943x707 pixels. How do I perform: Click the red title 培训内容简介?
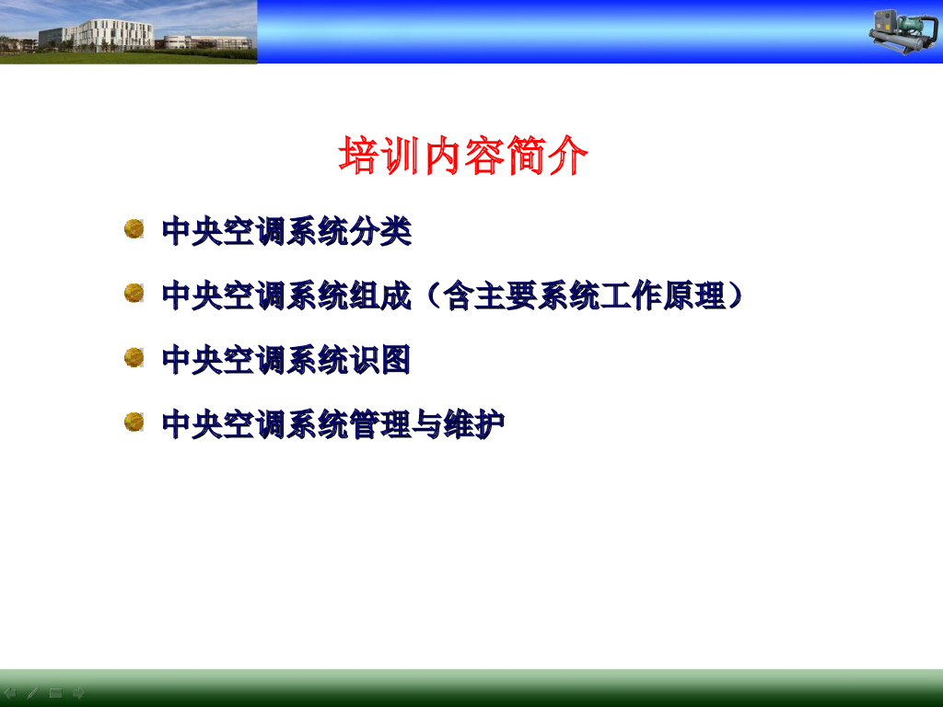pos(463,156)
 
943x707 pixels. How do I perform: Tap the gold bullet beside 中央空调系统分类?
pos(134,229)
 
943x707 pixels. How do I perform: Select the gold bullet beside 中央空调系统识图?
pos(134,358)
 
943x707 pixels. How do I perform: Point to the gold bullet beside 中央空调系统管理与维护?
pos(134,422)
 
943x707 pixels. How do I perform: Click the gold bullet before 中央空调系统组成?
pos(134,294)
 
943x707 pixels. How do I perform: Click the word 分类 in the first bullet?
pos(380,231)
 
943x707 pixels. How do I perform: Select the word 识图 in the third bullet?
pos(380,360)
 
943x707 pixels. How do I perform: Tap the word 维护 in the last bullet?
pos(474,424)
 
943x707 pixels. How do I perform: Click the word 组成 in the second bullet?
pos(380,296)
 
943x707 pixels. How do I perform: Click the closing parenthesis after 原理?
pos(735,296)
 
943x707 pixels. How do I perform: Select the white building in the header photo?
pos(114,35)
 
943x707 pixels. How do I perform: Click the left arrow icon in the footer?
pos(10,693)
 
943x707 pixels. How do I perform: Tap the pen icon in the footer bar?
pos(32,693)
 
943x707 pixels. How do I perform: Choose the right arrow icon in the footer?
pos(78,693)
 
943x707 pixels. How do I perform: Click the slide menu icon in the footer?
pos(55,693)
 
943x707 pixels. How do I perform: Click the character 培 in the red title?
pos(358,156)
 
